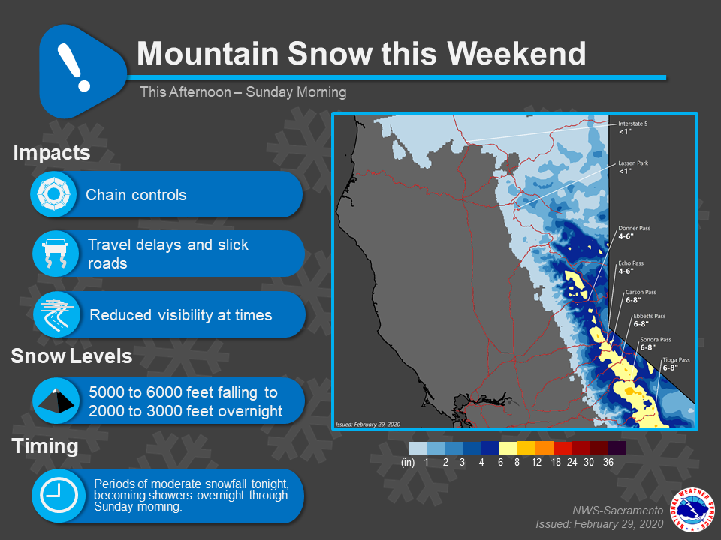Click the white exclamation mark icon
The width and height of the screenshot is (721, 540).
click(x=74, y=67)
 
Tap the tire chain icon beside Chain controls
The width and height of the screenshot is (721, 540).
click(x=53, y=194)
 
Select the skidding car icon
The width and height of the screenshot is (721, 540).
click(x=56, y=253)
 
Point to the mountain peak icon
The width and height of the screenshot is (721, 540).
click(x=56, y=400)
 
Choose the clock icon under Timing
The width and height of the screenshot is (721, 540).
click(x=59, y=495)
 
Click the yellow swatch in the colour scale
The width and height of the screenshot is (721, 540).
click(x=508, y=448)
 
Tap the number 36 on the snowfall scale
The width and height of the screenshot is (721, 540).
click(x=608, y=463)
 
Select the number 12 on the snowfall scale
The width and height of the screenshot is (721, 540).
click(x=536, y=463)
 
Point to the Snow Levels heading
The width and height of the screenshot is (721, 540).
click(x=72, y=355)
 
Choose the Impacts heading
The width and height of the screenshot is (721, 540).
click(x=52, y=153)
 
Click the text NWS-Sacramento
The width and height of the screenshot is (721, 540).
click(x=617, y=511)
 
